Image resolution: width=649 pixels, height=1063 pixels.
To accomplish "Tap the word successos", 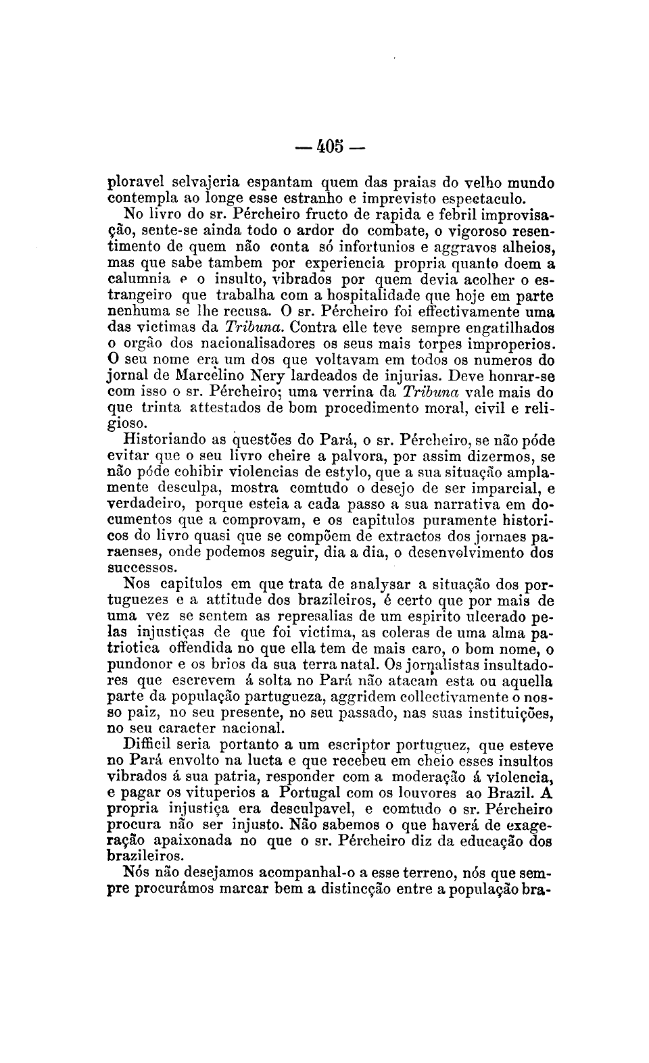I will coord(141,568).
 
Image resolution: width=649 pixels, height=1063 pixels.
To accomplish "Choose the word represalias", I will coord(310,616).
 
